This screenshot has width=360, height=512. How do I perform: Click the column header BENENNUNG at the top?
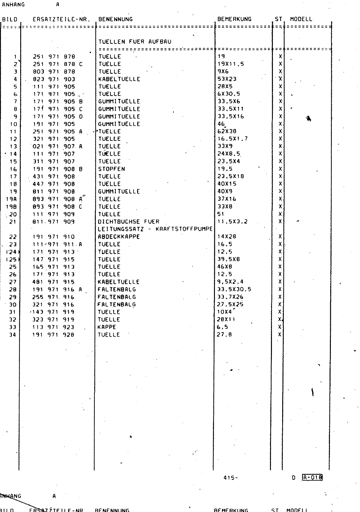(115, 19)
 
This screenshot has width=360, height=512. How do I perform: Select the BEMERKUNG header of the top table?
(234, 19)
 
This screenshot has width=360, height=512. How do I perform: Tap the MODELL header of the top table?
(301, 19)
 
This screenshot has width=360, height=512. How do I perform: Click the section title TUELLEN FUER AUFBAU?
(135, 42)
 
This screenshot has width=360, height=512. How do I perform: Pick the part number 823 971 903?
(54, 79)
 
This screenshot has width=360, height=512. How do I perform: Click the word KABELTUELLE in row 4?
(119, 79)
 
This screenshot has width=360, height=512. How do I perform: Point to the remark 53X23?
(227, 79)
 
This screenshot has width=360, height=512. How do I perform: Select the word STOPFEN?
(111, 169)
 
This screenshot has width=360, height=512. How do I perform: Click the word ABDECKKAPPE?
(119, 237)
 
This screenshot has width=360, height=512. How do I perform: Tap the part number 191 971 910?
(53, 237)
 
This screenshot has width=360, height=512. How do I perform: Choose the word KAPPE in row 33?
(107, 327)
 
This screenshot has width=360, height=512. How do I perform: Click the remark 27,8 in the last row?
(225, 335)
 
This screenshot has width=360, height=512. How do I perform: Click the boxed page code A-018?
(312, 478)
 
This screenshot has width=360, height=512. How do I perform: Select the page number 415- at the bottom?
(231, 478)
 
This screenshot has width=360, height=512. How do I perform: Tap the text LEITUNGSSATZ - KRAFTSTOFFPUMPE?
(155, 229)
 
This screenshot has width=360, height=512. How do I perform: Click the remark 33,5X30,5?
(234, 290)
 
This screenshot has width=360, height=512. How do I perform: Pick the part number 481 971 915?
(53, 282)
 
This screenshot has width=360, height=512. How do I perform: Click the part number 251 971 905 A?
(58, 132)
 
